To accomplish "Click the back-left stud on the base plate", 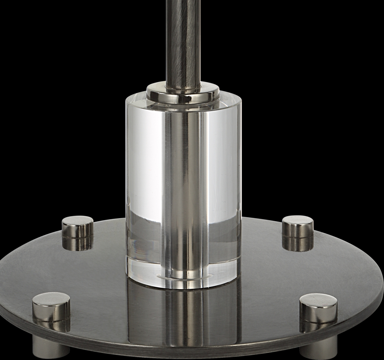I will (x=77, y=227).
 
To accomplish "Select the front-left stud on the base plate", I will (x=51, y=307).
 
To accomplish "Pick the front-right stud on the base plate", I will (x=318, y=309).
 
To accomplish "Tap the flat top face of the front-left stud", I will (x=51, y=298).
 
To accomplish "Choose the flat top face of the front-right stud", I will (x=318, y=300).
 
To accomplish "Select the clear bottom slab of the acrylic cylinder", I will (x=144, y=271).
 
